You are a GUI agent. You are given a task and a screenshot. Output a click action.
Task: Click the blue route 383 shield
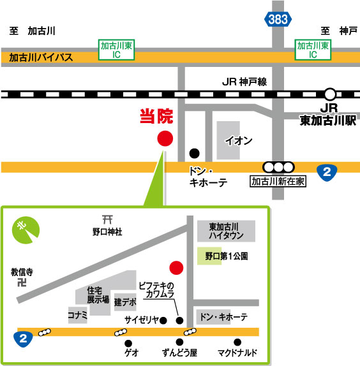(278, 20)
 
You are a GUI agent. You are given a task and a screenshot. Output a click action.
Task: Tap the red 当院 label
(156, 116)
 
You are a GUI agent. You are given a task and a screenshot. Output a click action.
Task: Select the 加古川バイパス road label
(41, 57)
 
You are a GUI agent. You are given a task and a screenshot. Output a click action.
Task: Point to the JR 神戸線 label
(244, 82)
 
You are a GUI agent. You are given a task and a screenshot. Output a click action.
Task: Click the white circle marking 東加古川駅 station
(329, 94)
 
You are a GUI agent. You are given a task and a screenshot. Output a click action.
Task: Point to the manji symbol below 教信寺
(23, 281)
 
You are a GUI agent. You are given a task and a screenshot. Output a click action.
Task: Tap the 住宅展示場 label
(98, 295)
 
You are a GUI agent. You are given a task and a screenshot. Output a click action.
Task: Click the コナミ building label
(77, 314)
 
